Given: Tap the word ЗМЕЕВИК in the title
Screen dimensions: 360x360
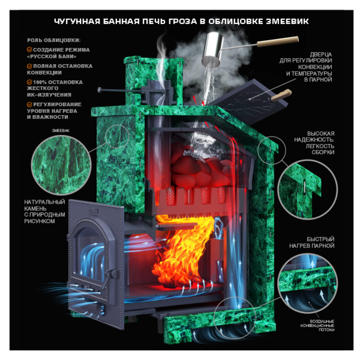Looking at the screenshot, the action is tap(287, 21).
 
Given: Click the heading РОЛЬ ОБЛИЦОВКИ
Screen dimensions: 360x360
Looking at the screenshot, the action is tap(54, 40).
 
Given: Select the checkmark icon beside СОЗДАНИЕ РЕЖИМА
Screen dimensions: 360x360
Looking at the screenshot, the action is tap(30, 50).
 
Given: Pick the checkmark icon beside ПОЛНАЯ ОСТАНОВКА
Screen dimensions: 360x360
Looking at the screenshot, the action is tap(30, 66).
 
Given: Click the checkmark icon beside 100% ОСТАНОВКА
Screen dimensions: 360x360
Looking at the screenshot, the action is tap(30, 82).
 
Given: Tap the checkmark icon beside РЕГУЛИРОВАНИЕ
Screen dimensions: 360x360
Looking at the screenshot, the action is tap(30, 104).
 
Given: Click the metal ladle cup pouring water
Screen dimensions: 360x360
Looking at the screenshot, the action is tap(212, 49).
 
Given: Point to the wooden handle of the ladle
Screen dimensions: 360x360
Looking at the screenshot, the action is tap(278, 41).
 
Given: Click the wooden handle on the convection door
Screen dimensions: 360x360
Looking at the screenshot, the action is tap(281, 95).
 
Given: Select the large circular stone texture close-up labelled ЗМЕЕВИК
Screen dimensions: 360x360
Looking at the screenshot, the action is tap(61, 165).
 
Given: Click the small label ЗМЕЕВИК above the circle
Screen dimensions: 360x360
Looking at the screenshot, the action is tap(60, 131).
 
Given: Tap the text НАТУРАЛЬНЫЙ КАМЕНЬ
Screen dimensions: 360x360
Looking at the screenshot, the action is tap(45, 205).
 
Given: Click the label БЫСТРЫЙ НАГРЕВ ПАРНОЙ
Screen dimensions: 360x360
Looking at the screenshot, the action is tap(311, 242).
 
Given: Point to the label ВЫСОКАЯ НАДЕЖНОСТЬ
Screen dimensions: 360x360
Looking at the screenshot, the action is tap(314, 136).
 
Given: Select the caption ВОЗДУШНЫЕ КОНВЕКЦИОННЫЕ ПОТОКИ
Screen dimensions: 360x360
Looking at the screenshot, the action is tap(317, 325).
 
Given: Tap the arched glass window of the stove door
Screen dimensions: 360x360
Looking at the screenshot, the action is tap(91, 250).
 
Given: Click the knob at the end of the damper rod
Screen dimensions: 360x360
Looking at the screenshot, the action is tap(99, 90).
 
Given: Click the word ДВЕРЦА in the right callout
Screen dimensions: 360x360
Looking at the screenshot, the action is tap(321, 55).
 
